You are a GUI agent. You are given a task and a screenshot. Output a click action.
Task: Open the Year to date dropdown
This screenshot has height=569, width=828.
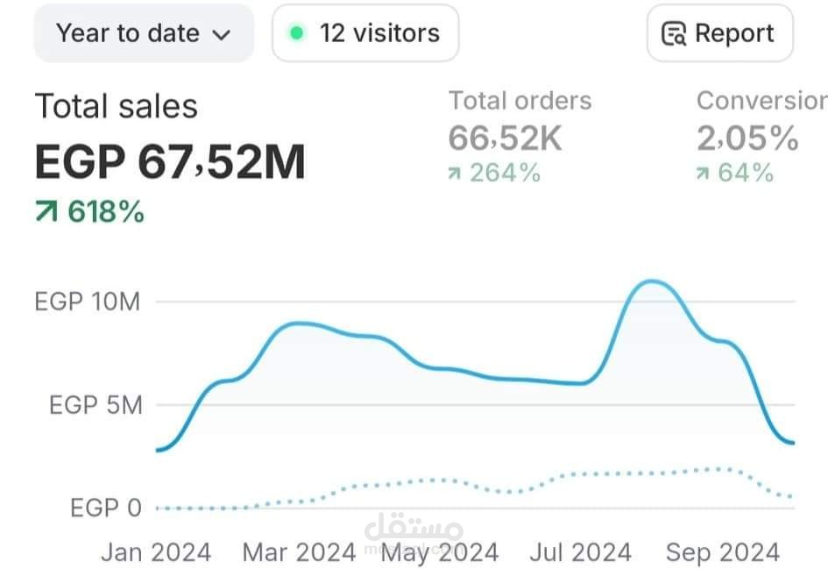click(144, 33)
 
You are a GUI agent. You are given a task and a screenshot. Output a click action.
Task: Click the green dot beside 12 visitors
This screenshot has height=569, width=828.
click(297, 33)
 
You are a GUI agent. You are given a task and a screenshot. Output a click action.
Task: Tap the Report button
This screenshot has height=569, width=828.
click(719, 33)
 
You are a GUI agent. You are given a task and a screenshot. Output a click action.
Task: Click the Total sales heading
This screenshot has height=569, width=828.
click(117, 106)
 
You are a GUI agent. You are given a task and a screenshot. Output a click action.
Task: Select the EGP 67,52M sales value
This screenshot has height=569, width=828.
click(170, 161)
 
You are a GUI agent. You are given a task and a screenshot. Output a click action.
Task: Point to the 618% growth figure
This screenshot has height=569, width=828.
click(106, 212)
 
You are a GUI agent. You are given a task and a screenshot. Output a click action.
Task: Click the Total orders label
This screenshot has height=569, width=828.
click(520, 101)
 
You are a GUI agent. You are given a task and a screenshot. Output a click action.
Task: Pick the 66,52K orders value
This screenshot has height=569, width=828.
click(506, 139)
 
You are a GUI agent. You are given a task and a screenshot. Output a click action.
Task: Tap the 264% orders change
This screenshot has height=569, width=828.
click(506, 173)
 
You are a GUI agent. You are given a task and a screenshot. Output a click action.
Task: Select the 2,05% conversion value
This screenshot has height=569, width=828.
click(747, 139)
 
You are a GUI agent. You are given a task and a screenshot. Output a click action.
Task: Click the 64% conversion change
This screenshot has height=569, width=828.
click(746, 173)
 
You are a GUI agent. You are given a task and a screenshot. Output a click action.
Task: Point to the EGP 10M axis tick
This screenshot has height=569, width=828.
click(88, 302)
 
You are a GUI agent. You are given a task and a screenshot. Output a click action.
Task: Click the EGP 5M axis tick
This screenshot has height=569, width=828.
click(96, 405)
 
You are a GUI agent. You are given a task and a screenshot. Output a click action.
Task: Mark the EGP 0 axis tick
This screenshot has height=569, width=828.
click(106, 509)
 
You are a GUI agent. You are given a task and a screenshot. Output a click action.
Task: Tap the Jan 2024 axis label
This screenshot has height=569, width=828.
click(156, 552)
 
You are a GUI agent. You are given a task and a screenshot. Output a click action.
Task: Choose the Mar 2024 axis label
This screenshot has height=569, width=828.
click(299, 552)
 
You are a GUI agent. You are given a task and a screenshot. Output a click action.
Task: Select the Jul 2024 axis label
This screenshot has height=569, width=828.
click(580, 552)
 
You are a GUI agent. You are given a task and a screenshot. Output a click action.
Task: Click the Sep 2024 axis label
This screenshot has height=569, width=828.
click(723, 552)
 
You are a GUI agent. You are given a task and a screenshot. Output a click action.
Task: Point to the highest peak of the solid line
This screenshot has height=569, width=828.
click(653, 281)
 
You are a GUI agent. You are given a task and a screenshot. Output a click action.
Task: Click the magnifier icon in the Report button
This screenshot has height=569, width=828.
click(674, 34)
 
